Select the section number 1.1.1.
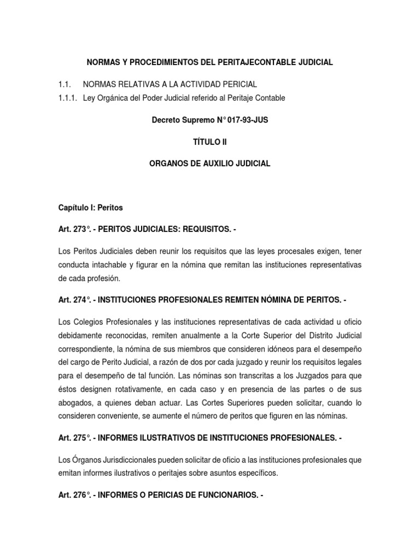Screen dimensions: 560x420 coord(67,98)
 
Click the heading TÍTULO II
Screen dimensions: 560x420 coord(210,142)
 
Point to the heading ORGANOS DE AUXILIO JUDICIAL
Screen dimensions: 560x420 coord(210,164)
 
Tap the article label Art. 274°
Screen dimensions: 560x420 coord(74,300)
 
